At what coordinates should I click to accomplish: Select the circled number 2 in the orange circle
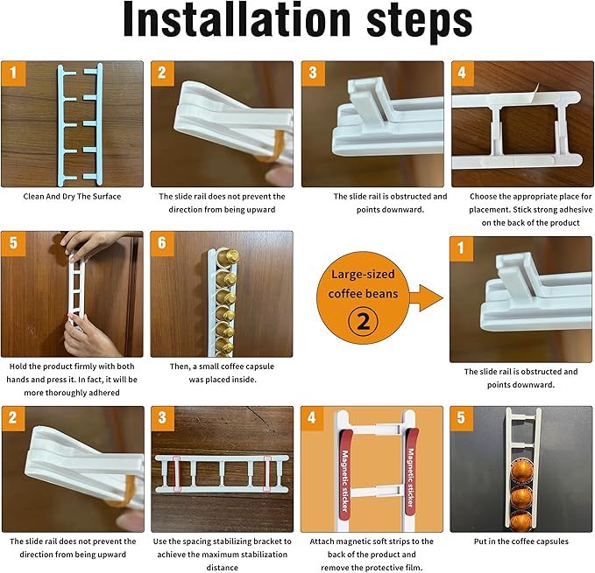[363, 322]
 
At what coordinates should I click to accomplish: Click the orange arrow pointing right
[426, 298]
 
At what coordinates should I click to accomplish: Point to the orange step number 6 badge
[162, 242]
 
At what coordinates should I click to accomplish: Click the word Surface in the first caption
[107, 197]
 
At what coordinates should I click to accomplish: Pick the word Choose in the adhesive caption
[482, 197]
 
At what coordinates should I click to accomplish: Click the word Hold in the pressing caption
[18, 367]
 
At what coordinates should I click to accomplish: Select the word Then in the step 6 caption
[180, 367]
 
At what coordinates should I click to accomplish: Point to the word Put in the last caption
[480, 542]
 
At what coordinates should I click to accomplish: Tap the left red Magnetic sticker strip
[344, 475]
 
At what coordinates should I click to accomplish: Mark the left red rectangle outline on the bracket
[177, 474]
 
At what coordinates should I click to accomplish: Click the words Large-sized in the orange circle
[363, 274]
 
